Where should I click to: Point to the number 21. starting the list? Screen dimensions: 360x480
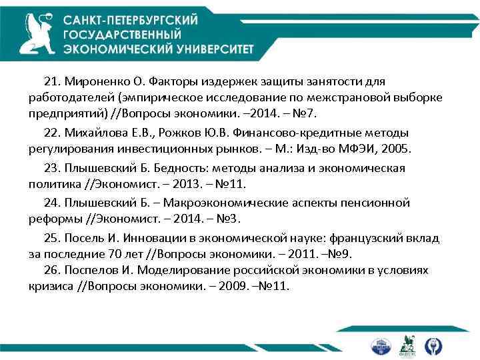click(x=53, y=81)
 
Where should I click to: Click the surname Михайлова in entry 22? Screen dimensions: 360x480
click(x=94, y=132)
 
